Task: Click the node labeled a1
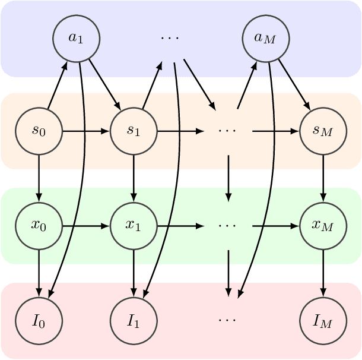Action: click(x=77, y=38)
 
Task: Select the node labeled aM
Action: click(x=266, y=38)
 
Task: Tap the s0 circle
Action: click(x=39, y=131)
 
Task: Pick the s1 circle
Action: click(x=134, y=131)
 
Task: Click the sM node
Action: click(x=323, y=131)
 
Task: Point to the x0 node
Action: click(x=39, y=226)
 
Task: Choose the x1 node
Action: click(x=134, y=226)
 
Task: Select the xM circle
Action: click(x=323, y=226)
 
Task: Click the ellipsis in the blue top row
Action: click(x=170, y=38)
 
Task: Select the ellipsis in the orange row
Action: click(x=227, y=131)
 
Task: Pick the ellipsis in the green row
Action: click(x=227, y=226)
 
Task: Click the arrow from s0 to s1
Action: click(x=86, y=131)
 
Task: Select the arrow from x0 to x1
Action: click(x=86, y=226)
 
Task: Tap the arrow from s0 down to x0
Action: click(x=39, y=178)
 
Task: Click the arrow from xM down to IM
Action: click(x=323, y=273)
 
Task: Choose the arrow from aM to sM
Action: click(x=294, y=84)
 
